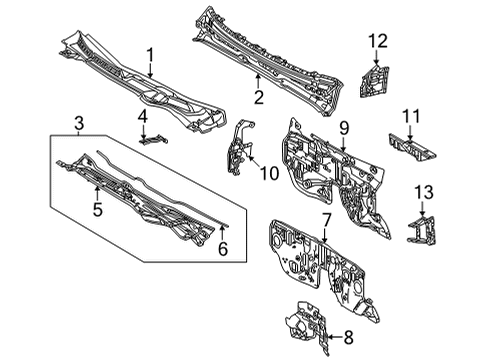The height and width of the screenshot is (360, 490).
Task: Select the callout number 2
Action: (257, 97)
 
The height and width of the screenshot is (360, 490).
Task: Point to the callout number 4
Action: (143, 117)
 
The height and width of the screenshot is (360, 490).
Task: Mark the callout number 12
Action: (377, 40)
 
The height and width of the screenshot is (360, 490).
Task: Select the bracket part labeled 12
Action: (377, 75)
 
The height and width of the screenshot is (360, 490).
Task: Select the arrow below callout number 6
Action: (222, 232)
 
